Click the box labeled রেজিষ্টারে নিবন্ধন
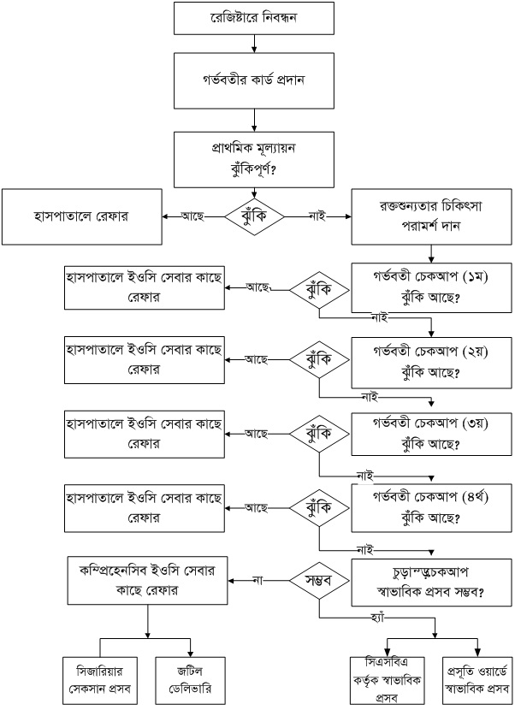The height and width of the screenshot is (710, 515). (253, 18)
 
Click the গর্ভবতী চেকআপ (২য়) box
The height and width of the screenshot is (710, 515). (432, 364)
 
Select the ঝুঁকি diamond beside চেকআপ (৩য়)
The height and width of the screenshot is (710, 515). (318, 434)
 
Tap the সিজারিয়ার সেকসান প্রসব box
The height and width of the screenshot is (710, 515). (100, 674)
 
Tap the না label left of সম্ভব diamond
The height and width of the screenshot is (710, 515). (256, 580)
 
